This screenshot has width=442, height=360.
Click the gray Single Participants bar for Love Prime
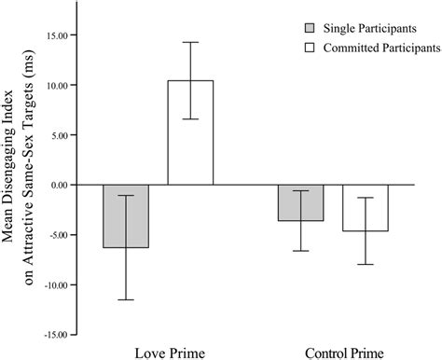tap(125, 216)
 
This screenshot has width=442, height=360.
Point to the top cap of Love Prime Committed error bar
tap(190, 42)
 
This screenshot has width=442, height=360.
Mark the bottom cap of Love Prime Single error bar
tap(125, 299)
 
